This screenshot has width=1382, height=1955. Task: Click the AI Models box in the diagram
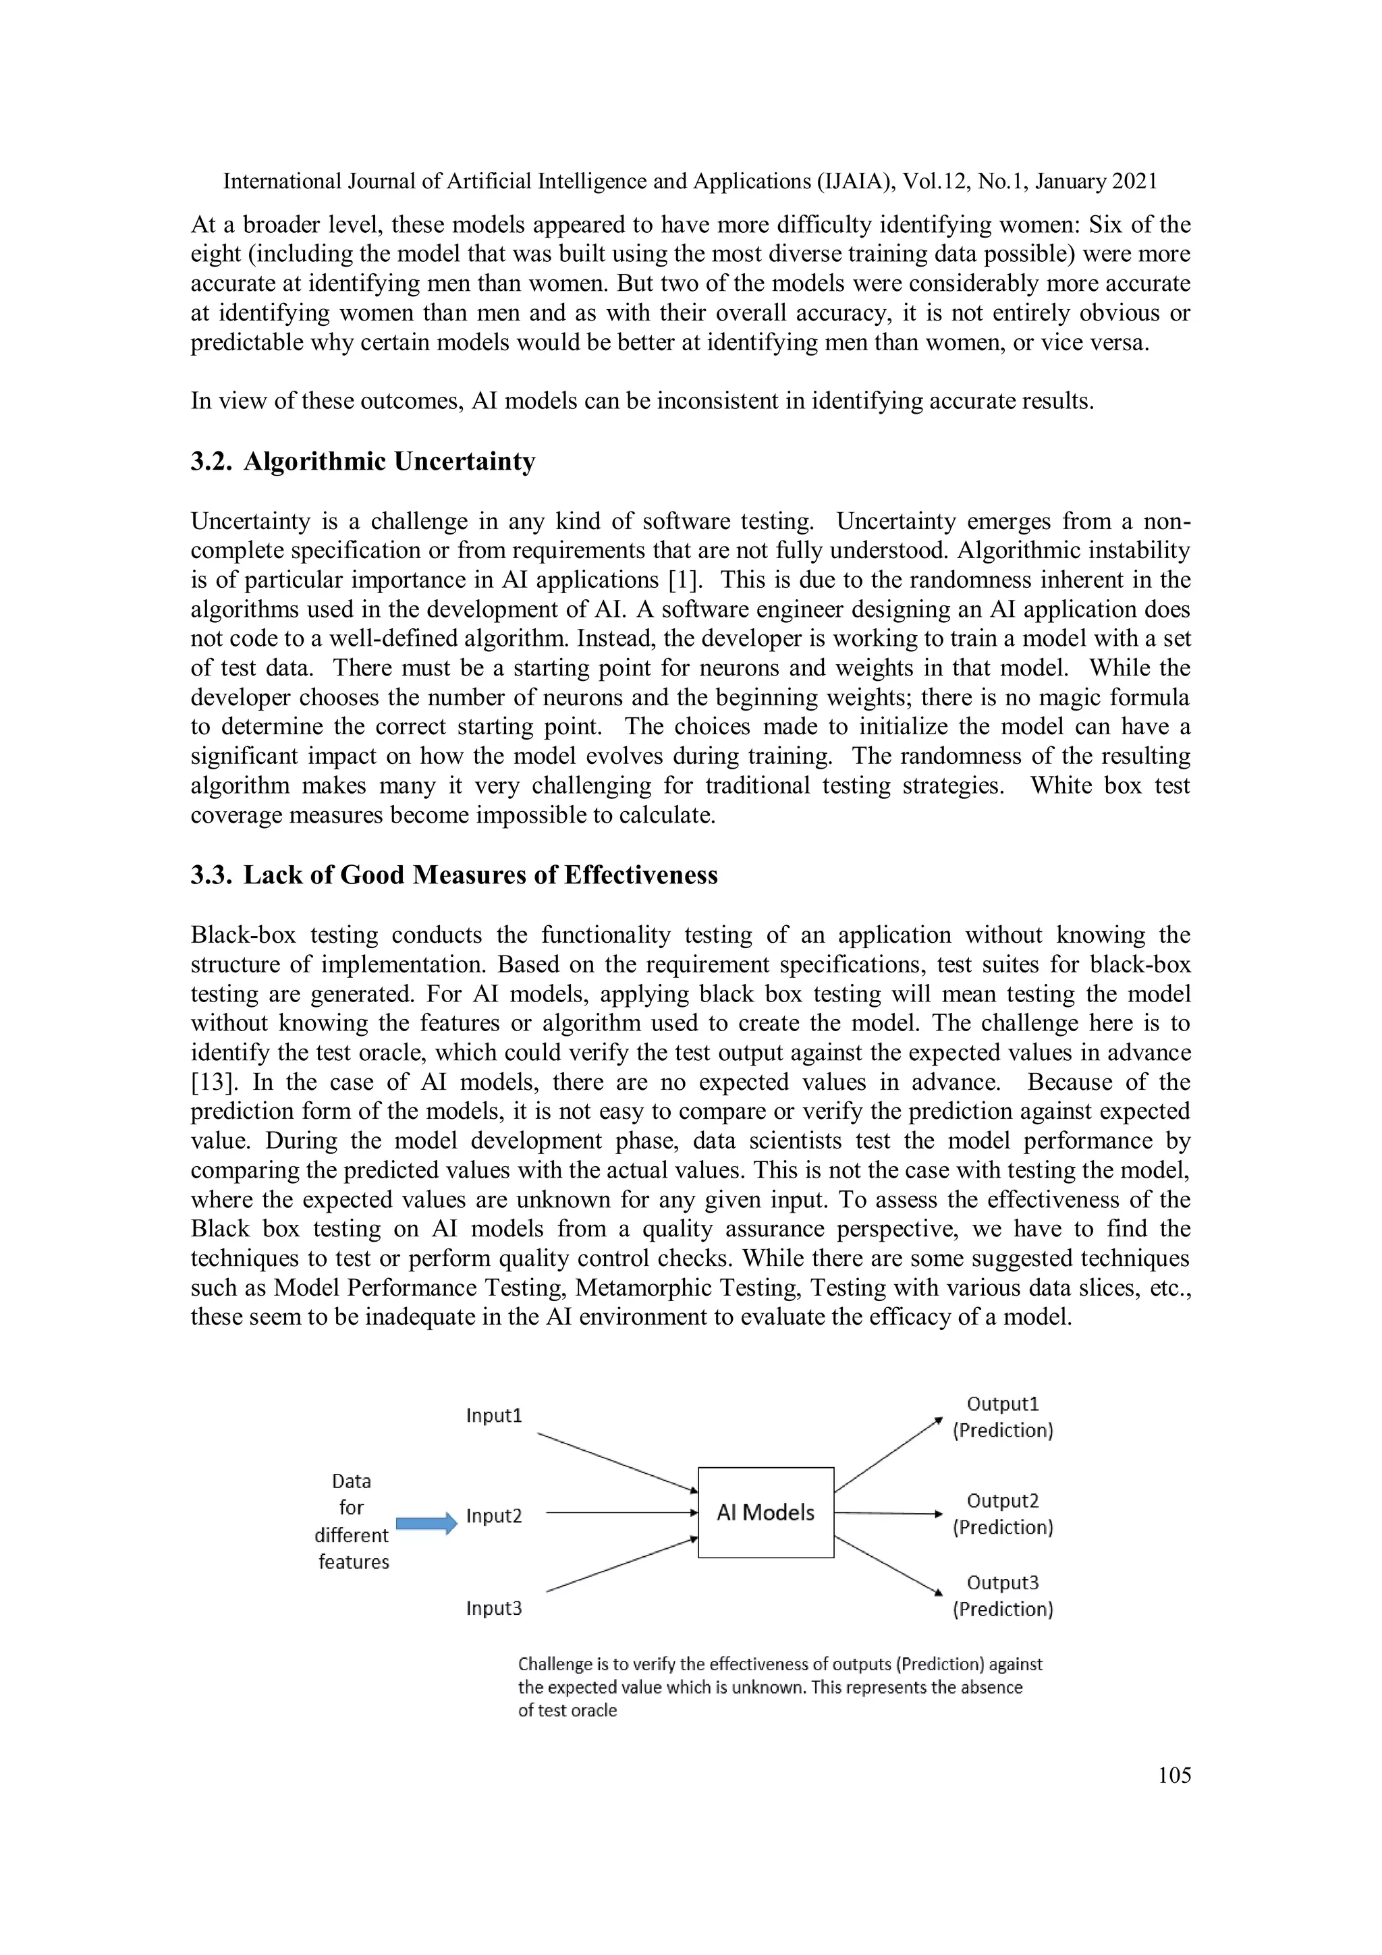click(x=765, y=1512)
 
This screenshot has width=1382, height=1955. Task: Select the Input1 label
click(x=494, y=1415)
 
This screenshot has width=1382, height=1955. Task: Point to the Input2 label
click(x=494, y=1516)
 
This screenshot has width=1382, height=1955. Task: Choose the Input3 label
click(x=494, y=1608)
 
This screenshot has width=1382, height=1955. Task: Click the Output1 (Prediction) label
click(x=1002, y=1417)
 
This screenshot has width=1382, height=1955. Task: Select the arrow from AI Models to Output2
click(x=888, y=1513)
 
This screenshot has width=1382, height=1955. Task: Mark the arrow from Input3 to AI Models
click(x=621, y=1564)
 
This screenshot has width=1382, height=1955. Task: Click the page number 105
click(x=1174, y=1775)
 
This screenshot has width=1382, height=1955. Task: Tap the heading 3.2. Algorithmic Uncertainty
click(x=363, y=462)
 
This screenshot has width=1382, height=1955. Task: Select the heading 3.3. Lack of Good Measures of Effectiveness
click(x=454, y=875)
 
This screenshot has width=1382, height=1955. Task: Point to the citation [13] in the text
click(x=207, y=1082)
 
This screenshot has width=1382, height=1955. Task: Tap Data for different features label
click(x=352, y=1521)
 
